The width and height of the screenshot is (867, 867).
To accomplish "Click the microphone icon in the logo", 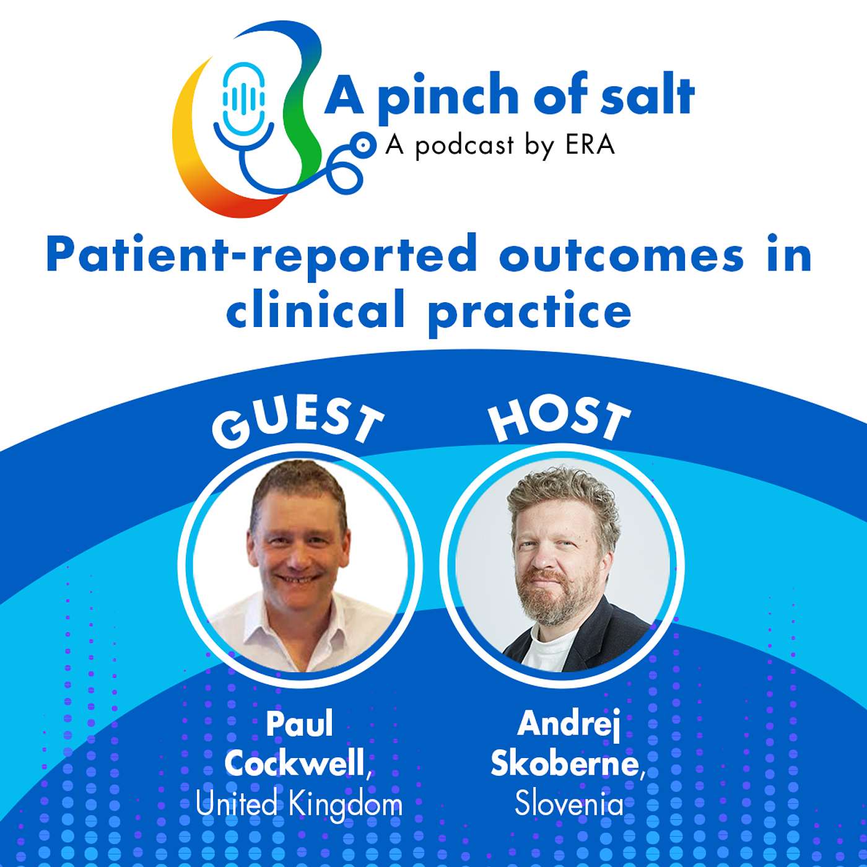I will click(244, 99).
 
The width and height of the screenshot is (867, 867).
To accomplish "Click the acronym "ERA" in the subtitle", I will click(590, 145).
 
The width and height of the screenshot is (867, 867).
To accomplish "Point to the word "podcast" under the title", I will click(464, 146).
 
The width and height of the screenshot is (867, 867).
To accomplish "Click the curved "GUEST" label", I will click(297, 422).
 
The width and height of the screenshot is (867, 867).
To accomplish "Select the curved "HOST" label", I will click(559, 419).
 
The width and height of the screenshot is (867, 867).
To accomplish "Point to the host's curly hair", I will click(560, 495).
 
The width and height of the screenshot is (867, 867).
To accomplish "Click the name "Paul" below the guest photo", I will click(299, 723).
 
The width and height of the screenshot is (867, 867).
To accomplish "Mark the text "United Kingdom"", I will click(299, 804).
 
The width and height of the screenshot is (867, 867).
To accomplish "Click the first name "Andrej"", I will click(569, 723).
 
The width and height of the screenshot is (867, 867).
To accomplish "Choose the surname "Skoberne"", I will click(565, 763).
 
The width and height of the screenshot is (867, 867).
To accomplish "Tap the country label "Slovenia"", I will click(569, 804).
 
